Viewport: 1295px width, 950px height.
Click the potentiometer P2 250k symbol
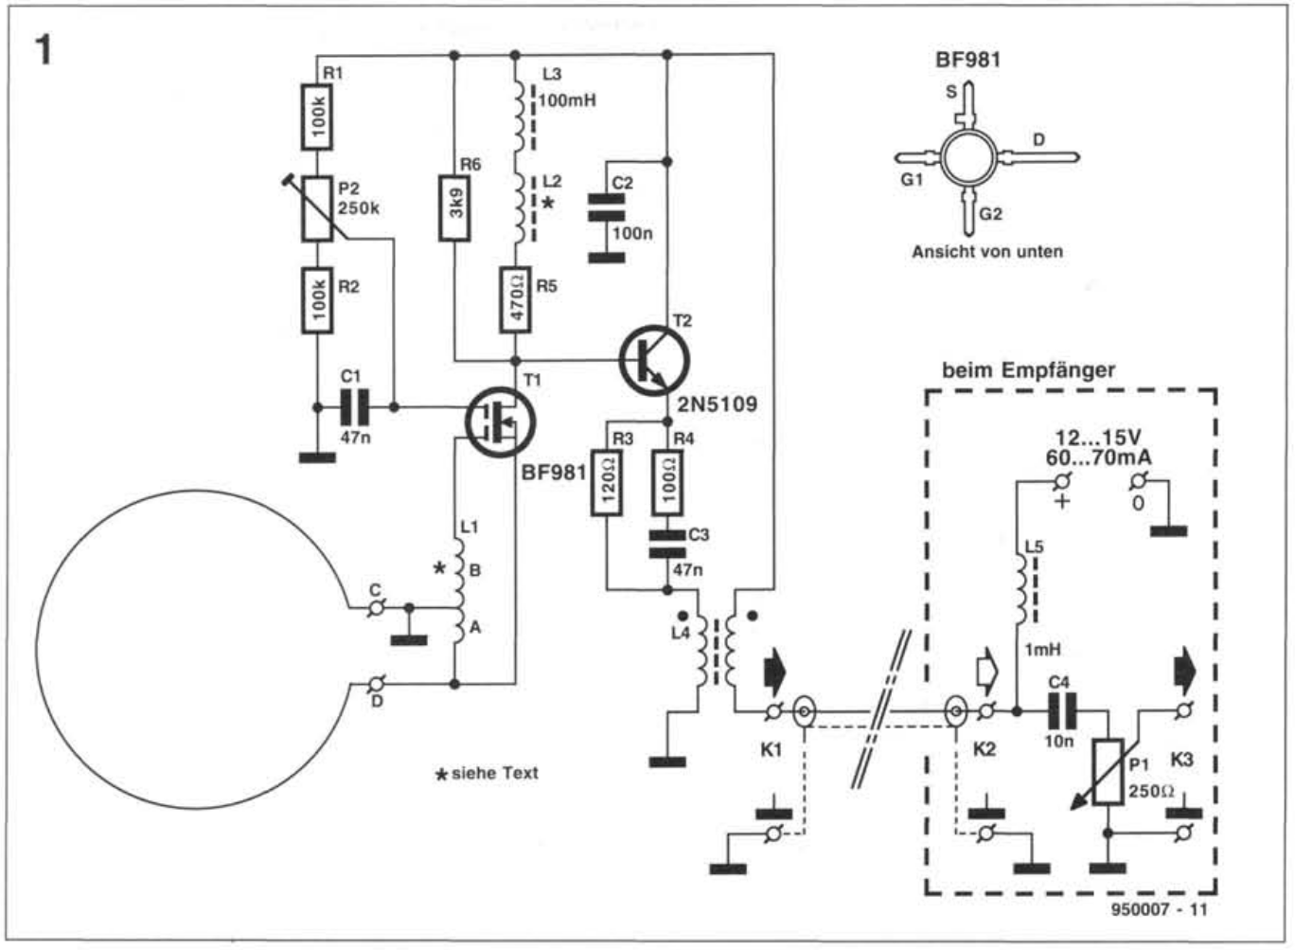[317, 209]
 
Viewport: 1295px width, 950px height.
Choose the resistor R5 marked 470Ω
[517, 299]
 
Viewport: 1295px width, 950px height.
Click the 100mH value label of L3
[567, 99]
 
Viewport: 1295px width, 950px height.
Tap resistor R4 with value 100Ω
[667, 483]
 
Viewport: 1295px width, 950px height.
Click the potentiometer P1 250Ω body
[1107, 772]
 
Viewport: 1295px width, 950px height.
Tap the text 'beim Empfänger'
[1028, 370]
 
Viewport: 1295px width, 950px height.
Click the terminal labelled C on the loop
[376, 607]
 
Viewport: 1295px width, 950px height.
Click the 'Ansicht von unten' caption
[986, 252]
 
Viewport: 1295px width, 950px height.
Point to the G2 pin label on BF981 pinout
[990, 214]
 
